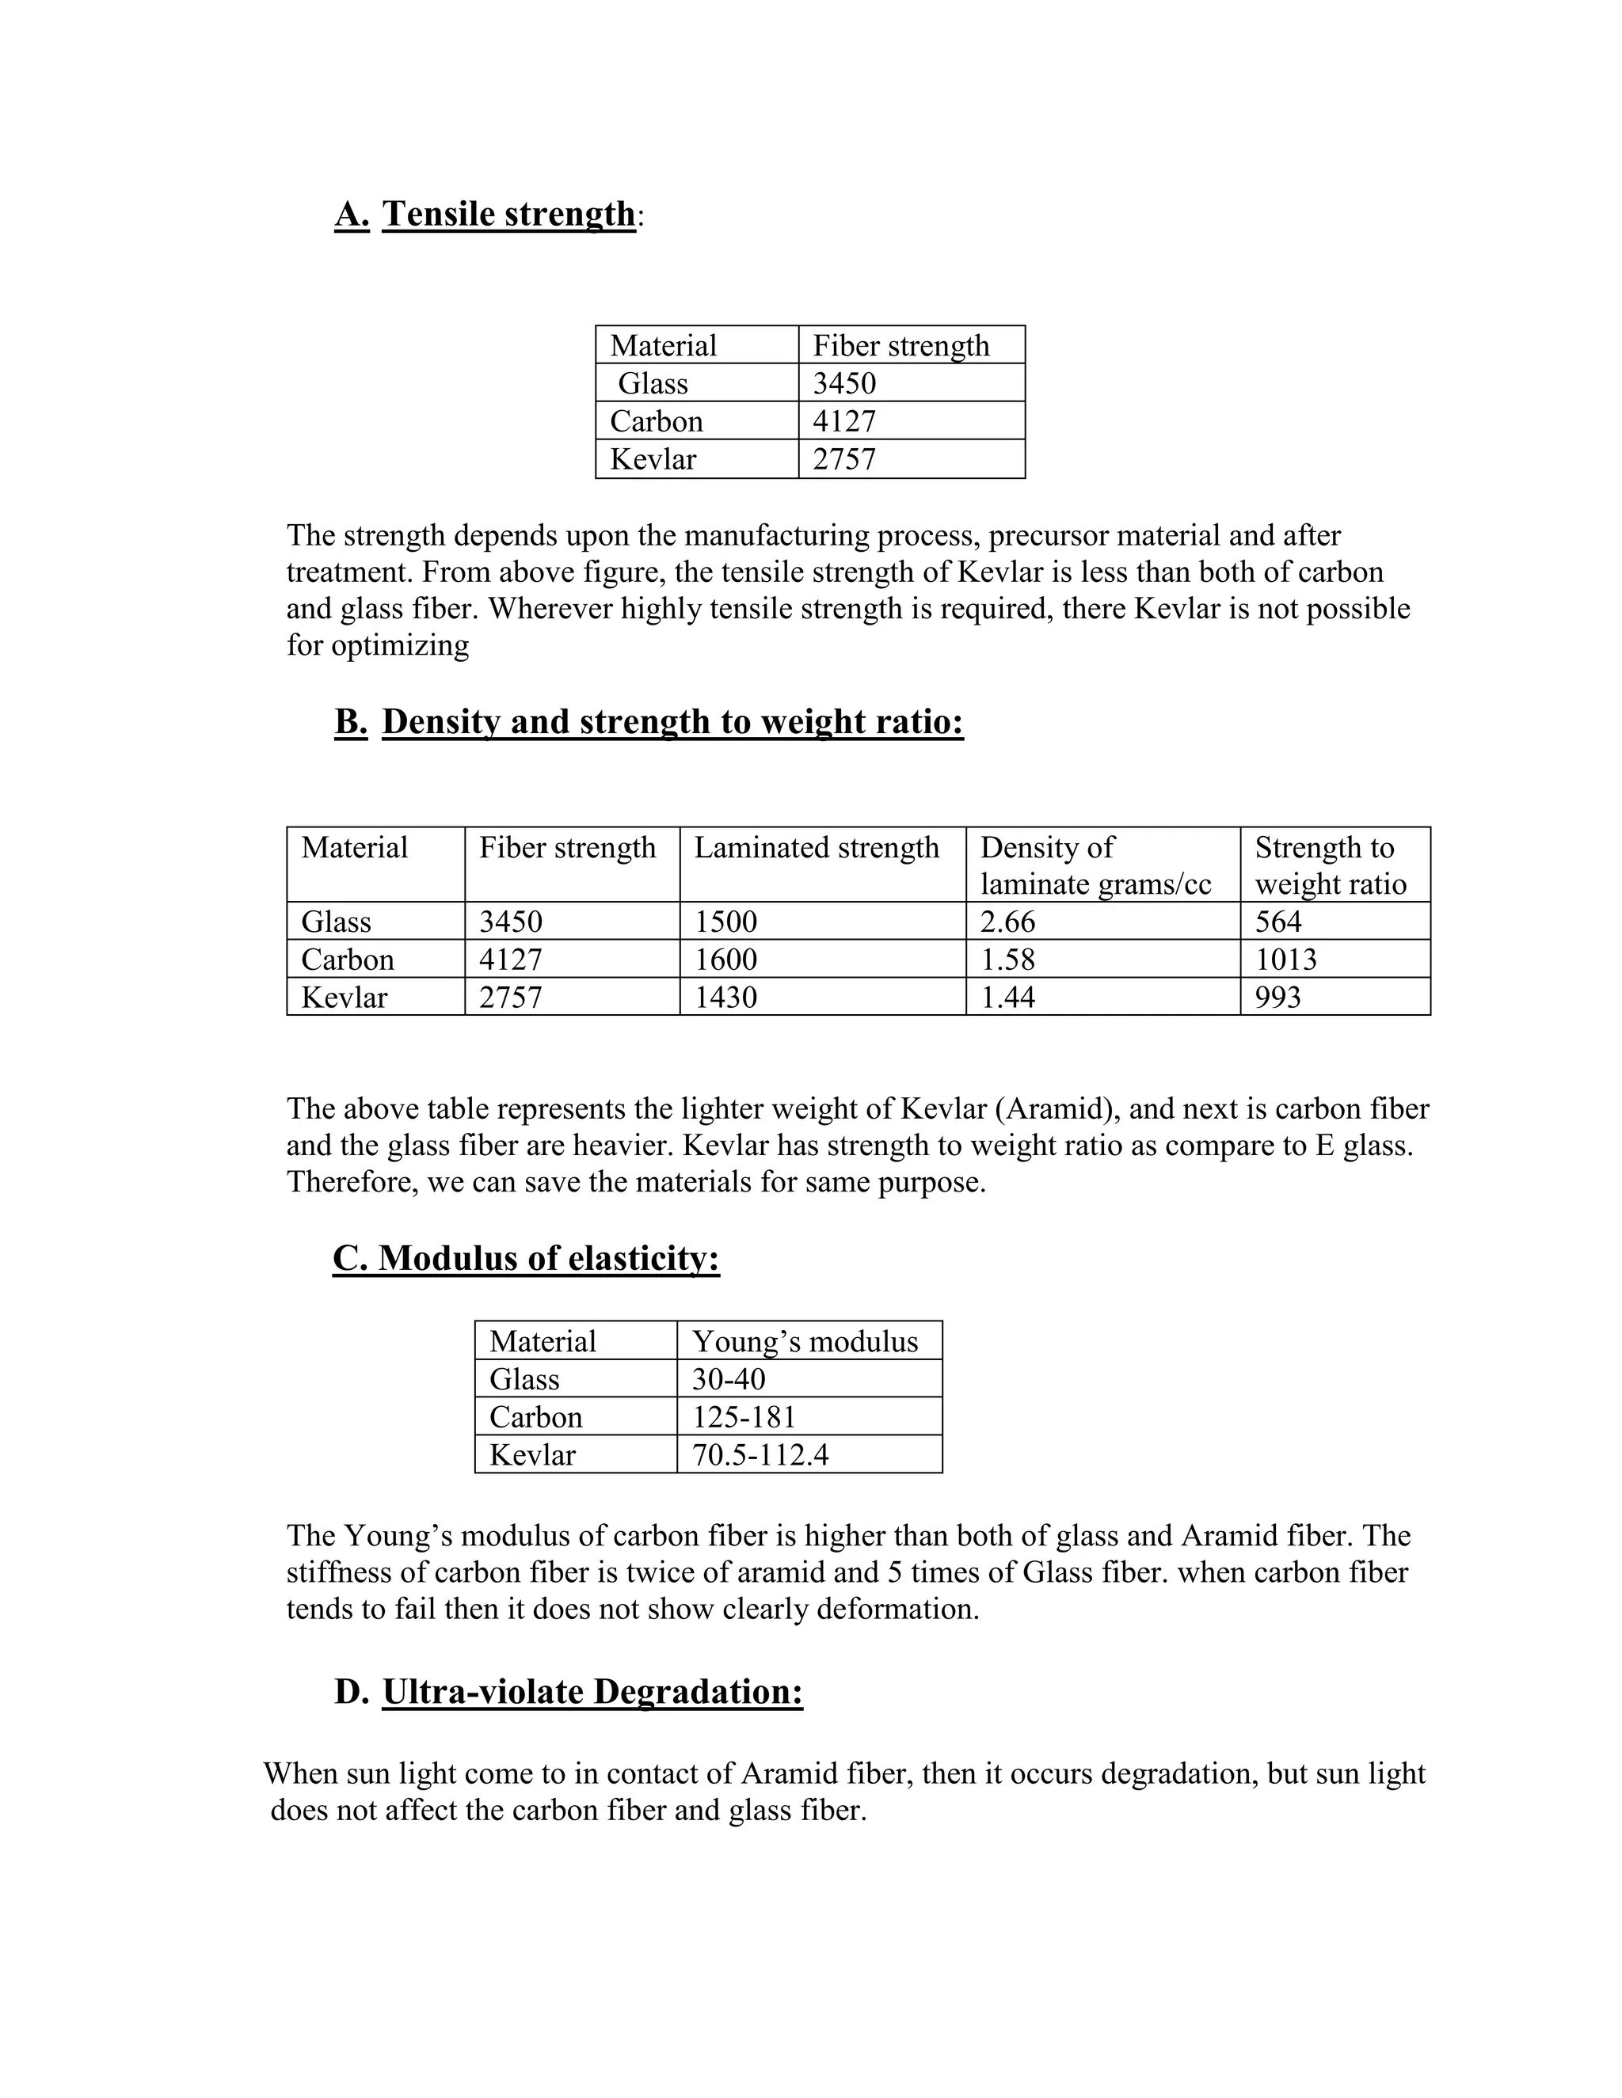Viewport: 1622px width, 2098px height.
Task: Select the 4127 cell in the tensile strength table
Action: coord(843,420)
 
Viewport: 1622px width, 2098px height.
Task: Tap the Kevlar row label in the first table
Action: coord(653,459)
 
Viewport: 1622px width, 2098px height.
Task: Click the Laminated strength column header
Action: coord(817,847)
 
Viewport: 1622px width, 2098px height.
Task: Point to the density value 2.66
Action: coord(1007,922)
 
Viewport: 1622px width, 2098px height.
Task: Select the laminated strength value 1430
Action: coord(725,997)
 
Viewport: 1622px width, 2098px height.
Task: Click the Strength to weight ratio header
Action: coord(1330,865)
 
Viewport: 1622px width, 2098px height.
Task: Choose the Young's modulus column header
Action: coord(805,1341)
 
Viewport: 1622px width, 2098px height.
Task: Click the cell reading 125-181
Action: coord(744,1417)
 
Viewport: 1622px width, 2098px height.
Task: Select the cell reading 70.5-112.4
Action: coord(760,1454)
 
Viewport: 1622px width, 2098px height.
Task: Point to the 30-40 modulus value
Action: coord(729,1379)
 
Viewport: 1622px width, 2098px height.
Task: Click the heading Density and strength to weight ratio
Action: coord(672,721)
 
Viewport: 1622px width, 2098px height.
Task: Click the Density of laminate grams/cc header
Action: coord(1095,865)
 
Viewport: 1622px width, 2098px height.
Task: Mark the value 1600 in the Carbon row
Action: coord(725,959)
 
